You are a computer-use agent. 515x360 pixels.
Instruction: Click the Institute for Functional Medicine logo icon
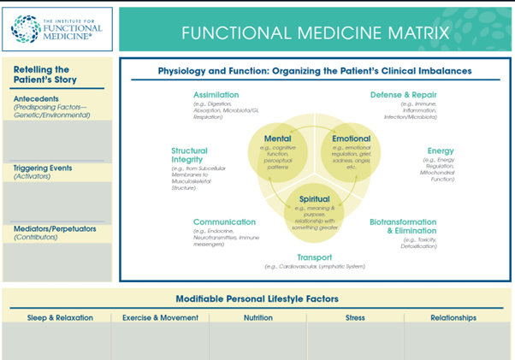tap(26, 27)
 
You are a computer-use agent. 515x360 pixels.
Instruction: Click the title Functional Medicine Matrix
tap(314, 32)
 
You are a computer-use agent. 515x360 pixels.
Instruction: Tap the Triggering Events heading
tap(42, 168)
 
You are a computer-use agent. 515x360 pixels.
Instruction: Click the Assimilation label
tap(216, 94)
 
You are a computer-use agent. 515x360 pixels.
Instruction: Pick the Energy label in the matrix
tap(441, 151)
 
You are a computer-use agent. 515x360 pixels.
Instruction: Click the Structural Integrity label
tap(189, 156)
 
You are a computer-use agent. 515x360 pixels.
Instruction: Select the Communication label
tap(224, 221)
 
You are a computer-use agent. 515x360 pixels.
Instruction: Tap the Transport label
tap(315, 257)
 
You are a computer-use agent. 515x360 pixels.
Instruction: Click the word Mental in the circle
tap(277, 139)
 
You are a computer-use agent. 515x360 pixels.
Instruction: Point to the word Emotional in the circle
tap(351, 139)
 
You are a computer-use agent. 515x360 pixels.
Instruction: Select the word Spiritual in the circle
tap(314, 199)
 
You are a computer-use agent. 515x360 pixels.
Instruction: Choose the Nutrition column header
tap(257, 317)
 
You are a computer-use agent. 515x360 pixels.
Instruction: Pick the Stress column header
tap(355, 317)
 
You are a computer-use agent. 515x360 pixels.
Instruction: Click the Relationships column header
tap(453, 317)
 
